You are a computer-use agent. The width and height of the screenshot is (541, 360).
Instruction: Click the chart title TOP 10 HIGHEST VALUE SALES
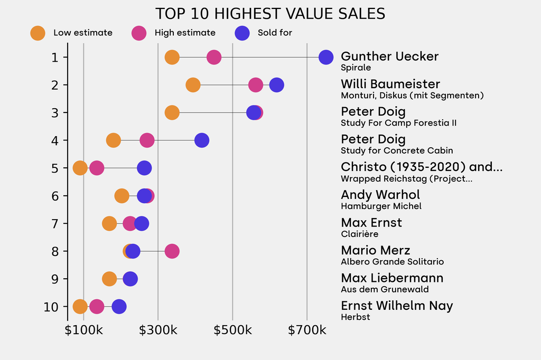coord(270,14)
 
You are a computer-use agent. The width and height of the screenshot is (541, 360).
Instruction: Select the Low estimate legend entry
coord(72,33)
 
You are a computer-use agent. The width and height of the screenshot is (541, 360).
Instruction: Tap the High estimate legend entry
coord(174,33)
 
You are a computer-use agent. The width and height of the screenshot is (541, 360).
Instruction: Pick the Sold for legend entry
coord(264,33)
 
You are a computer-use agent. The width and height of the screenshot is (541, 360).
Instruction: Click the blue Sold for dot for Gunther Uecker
coord(326,58)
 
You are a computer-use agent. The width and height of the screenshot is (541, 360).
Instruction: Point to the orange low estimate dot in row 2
coord(193,85)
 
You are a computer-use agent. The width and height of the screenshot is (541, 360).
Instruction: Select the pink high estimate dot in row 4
coord(147,140)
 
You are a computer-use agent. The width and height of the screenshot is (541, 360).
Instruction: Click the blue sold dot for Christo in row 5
coord(144,168)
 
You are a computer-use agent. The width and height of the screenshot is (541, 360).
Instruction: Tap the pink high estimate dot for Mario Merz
coord(172,251)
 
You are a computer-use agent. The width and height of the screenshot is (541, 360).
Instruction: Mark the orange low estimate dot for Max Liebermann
coord(109,279)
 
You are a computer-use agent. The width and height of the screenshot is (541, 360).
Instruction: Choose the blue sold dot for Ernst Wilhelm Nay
coord(119,307)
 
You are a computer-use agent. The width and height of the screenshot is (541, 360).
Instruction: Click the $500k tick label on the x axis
coord(232,331)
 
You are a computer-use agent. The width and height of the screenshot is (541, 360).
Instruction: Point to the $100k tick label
coord(83,331)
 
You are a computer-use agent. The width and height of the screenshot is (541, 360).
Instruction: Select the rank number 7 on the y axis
coord(55,223)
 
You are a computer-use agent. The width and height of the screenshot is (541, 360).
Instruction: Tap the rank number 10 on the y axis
coord(51,307)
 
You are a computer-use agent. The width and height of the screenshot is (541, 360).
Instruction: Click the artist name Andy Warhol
coord(380,195)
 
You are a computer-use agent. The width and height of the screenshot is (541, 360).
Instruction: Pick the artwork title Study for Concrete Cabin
coord(397,150)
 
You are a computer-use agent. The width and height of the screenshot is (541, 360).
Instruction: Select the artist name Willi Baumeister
coord(390,84)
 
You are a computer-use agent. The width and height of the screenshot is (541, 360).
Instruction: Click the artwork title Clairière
coord(359,234)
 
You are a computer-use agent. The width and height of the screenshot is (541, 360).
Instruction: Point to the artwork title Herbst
coord(356,317)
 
